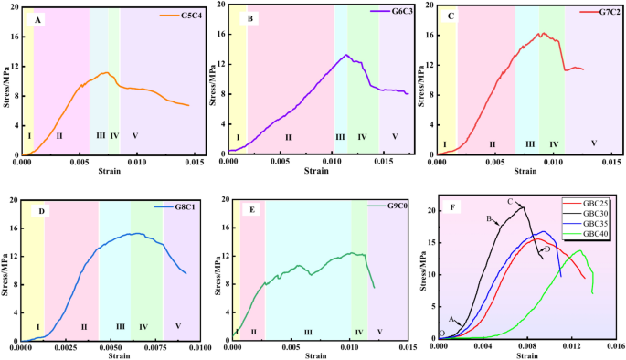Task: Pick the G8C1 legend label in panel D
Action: pos(188,207)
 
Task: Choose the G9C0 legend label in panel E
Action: pos(395,206)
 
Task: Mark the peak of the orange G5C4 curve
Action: pos(106,73)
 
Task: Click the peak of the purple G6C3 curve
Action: pos(346,55)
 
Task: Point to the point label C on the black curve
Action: pos(509,202)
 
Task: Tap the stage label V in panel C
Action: pos(594,143)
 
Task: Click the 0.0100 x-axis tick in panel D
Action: pos(199,348)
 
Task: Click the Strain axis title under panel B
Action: pos(316,171)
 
